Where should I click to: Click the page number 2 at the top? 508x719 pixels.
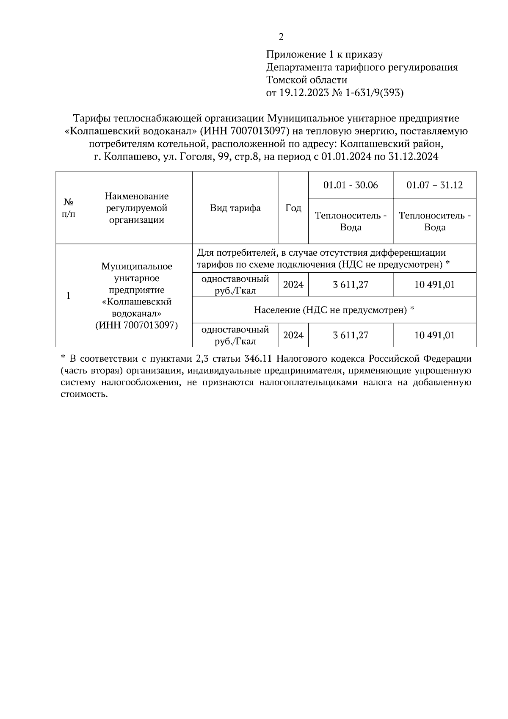[x=281, y=37]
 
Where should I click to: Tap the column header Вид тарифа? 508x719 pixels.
[x=235, y=208]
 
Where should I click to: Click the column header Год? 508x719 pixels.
[x=293, y=208]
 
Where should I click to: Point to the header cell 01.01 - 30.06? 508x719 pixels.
[x=351, y=185]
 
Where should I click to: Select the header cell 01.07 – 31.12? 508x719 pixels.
[x=435, y=185]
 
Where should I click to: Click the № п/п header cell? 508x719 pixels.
[x=69, y=208]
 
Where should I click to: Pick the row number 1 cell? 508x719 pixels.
[x=69, y=296]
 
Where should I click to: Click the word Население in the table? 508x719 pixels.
[x=276, y=310]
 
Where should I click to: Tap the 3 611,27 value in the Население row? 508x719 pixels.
[x=351, y=335]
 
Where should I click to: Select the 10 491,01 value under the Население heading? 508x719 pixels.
[x=435, y=335]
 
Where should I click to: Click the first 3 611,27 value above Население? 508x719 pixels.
[x=351, y=285]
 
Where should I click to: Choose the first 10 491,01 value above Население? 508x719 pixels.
[x=435, y=285]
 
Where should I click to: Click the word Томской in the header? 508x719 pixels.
[x=286, y=80]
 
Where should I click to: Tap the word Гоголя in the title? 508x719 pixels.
[x=197, y=157]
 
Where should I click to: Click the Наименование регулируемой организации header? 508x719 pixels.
[x=137, y=208]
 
